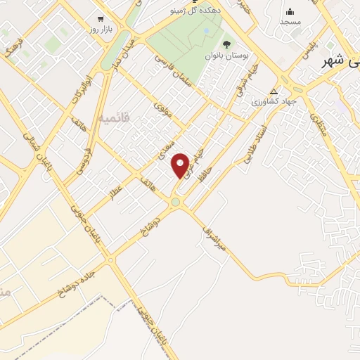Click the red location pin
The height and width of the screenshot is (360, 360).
181,165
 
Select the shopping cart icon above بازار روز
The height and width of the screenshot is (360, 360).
101,19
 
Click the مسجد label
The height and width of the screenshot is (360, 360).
290,22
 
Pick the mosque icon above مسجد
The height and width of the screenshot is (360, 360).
290,11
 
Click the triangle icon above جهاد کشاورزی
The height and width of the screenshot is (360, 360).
274,91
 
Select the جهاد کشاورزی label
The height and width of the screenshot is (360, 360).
275,102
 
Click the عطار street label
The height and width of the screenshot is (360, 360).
116,192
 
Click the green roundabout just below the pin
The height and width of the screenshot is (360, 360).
176,202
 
